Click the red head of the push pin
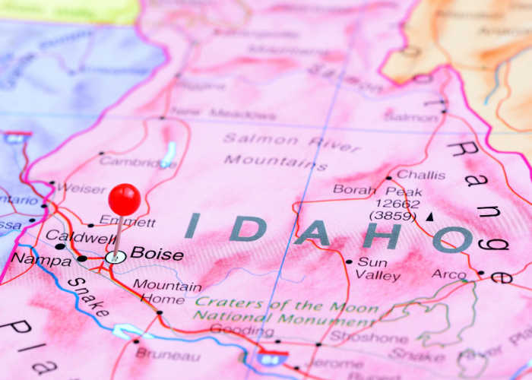click(124, 199)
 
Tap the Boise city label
click(157, 254)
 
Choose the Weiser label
click(81, 188)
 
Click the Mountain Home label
click(168, 292)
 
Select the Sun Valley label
click(373, 268)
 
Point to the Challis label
click(421, 175)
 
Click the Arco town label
click(449, 274)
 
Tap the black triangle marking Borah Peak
click(429, 217)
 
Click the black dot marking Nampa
click(82, 258)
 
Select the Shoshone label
click(356, 338)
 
